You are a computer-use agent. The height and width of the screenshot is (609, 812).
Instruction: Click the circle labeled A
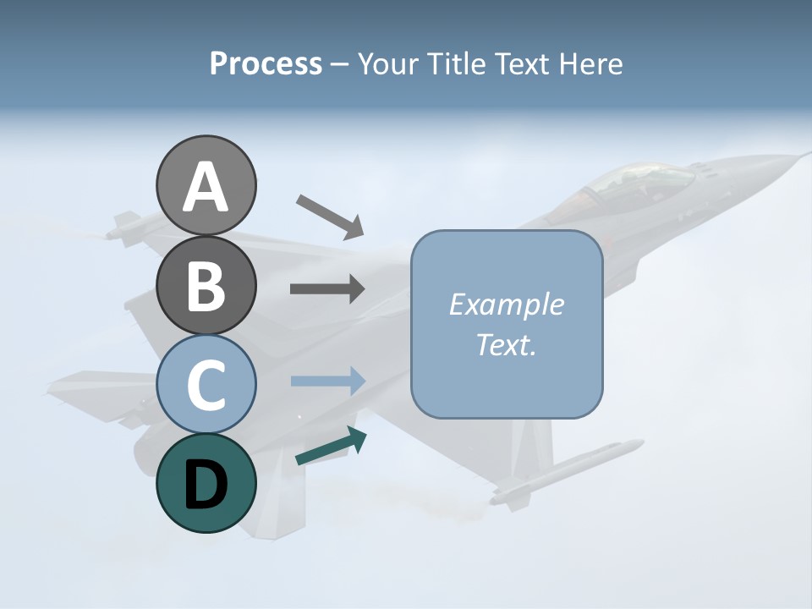click(206, 185)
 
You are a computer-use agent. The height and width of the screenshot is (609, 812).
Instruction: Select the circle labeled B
click(206, 285)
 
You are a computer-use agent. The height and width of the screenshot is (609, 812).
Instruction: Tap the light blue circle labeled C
click(206, 384)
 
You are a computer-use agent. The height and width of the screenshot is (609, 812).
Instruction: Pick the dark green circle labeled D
click(206, 483)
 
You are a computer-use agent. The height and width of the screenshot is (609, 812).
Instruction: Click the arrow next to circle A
click(330, 217)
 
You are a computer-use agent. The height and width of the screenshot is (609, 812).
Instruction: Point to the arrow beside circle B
click(327, 288)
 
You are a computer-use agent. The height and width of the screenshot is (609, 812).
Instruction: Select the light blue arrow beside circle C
click(327, 381)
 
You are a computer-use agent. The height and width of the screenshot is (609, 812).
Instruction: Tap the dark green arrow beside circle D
click(331, 446)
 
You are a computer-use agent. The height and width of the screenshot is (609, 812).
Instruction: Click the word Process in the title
click(266, 64)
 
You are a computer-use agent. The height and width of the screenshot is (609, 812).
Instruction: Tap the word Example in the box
click(506, 304)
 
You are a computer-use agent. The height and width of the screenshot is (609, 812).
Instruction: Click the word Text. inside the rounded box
click(506, 344)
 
